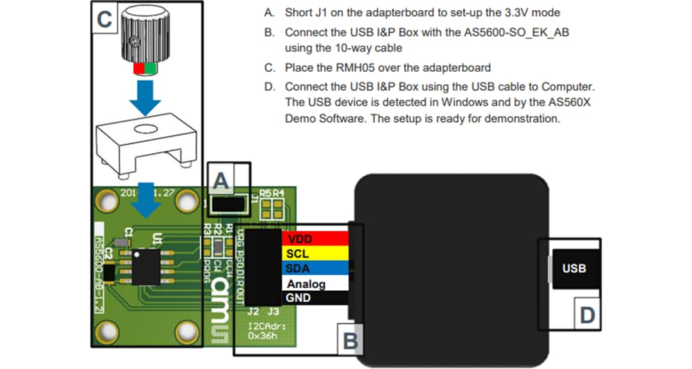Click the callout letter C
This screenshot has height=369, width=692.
[104, 19]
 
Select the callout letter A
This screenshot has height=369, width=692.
[221, 182]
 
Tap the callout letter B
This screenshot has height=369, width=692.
[350, 341]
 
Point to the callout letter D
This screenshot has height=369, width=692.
[587, 315]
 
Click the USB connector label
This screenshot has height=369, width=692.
[573, 268]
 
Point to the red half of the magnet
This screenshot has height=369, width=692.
[138, 69]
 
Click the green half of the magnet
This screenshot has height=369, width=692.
[151, 69]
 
